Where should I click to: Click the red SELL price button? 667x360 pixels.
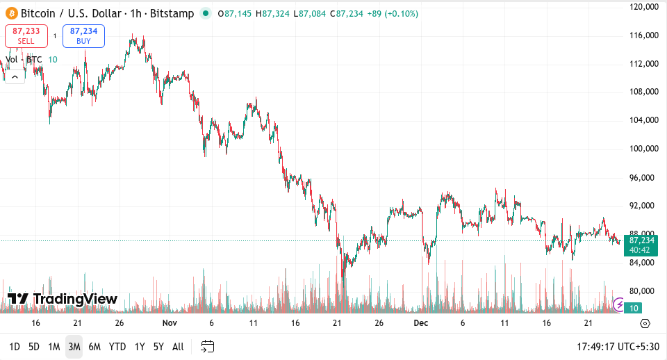click(x=26, y=36)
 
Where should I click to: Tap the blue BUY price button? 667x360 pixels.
click(x=83, y=36)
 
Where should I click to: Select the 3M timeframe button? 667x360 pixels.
click(x=74, y=346)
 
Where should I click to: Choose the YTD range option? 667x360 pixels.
click(x=117, y=346)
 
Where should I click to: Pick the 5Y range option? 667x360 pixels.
click(x=158, y=346)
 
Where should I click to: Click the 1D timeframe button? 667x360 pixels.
click(x=14, y=346)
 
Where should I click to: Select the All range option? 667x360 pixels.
click(x=178, y=346)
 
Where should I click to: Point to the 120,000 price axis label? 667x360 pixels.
click(x=643, y=7)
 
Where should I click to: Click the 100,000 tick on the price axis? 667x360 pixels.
click(x=643, y=149)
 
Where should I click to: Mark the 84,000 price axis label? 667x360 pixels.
click(x=643, y=263)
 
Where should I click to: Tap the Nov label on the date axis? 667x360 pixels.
click(x=170, y=323)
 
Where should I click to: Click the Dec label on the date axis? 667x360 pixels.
click(x=420, y=323)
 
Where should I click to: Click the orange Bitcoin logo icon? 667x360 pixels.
click(x=11, y=13)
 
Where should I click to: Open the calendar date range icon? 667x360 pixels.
click(x=207, y=346)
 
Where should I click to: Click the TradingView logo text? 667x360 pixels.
click(x=63, y=299)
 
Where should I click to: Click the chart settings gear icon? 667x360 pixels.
click(x=645, y=324)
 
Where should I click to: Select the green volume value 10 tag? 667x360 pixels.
click(x=633, y=308)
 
